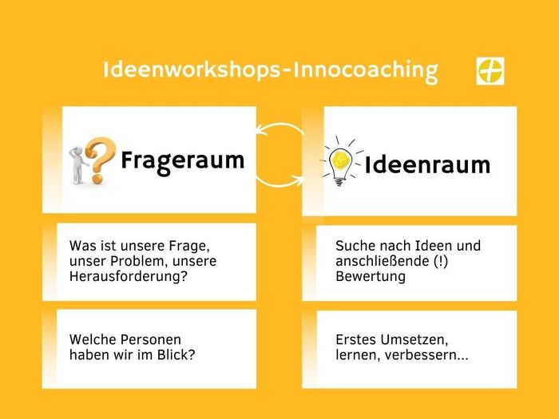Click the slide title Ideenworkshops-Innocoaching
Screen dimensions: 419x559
pos(270,70)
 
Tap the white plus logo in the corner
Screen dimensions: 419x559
pos(490,71)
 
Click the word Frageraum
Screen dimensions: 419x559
pos(183,160)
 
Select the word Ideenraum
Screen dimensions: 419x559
pos(427,165)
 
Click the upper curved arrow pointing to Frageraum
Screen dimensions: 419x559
pos(279,128)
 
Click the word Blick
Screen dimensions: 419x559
pos(179,355)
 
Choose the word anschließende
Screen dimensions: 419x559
pos(379,261)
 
